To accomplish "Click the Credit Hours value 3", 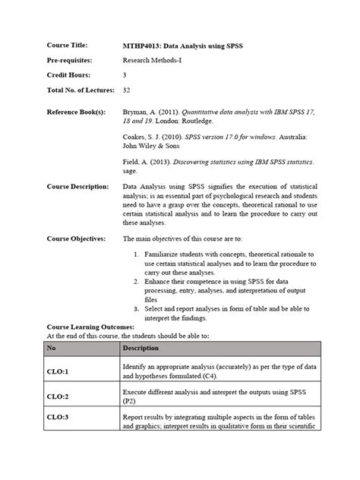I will (x=125, y=75).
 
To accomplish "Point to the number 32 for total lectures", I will (x=127, y=90).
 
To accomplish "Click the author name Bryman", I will (x=137, y=112).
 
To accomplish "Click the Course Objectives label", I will (x=76, y=238).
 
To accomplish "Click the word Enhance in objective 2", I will (x=157, y=281).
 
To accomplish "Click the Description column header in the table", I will (x=141, y=349).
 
